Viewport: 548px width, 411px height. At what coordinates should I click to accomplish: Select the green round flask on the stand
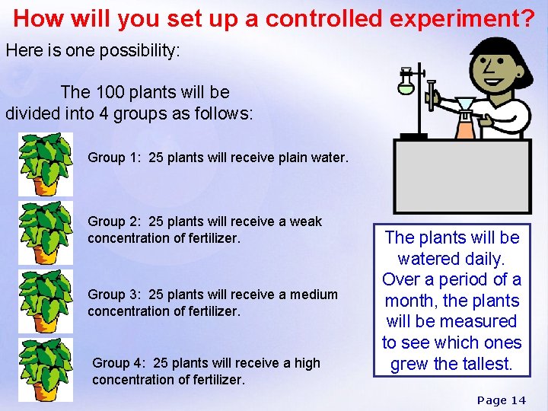[x=406, y=85]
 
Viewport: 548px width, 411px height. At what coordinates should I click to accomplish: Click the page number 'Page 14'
[x=502, y=400]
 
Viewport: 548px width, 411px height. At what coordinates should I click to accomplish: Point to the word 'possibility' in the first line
[x=141, y=51]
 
